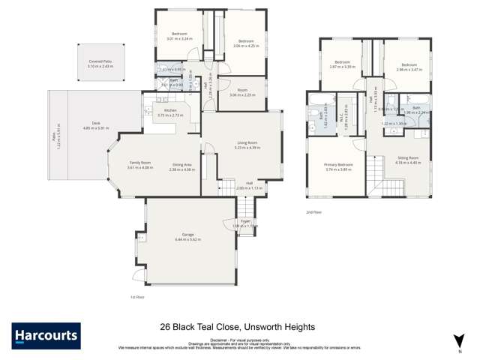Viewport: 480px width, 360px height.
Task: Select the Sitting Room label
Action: (x=408, y=157)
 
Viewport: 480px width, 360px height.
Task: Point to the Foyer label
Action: (x=245, y=221)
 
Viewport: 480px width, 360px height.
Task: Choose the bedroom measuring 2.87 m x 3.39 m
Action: (x=343, y=63)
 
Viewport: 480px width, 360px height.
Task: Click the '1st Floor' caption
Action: (x=136, y=297)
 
